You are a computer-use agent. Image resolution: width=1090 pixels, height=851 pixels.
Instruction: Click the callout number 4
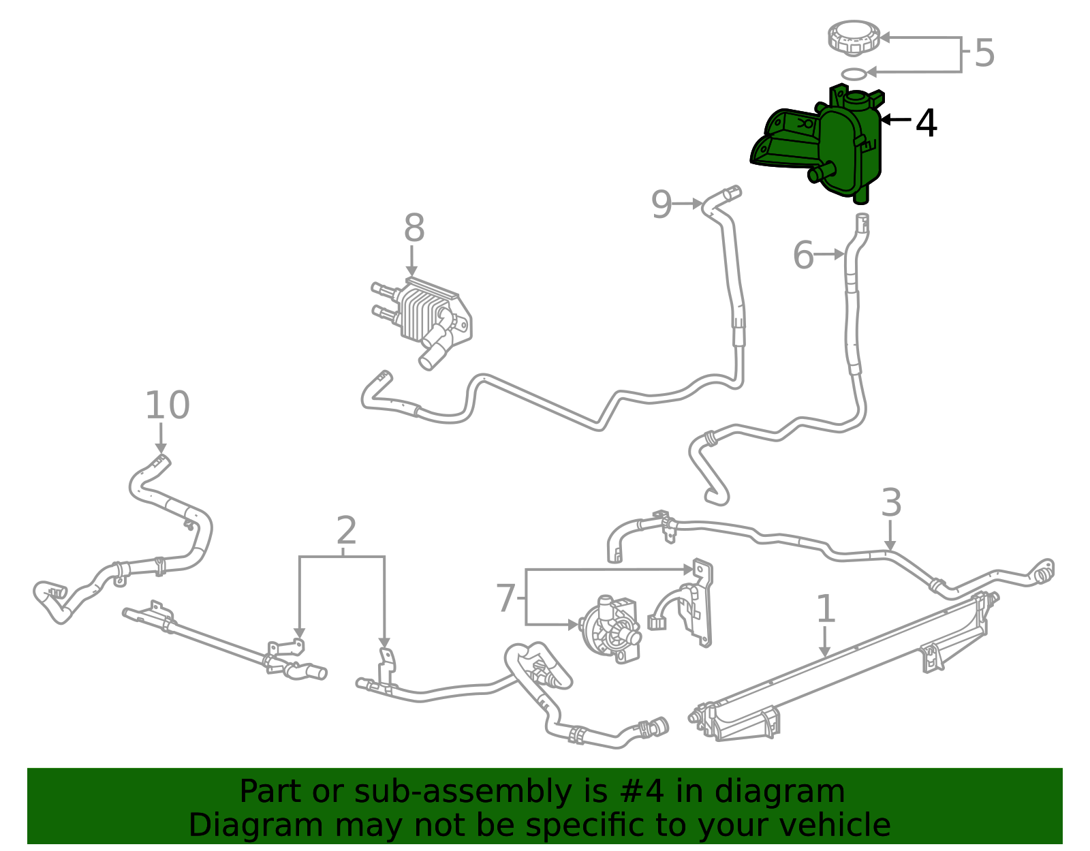pos(926,123)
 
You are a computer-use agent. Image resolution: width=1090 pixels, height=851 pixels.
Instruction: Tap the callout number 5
pos(984,53)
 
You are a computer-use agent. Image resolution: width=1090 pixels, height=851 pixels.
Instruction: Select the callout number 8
pos(414,228)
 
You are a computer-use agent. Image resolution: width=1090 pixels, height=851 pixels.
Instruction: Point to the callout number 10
pos(167,405)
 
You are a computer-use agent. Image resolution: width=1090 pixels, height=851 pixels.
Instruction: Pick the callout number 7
pos(505,598)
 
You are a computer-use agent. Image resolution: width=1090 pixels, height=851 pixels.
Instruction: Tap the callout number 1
pos(826,608)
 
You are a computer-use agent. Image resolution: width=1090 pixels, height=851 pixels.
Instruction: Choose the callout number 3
pos(891,503)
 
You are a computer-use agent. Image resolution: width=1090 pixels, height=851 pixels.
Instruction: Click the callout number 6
pos(803,256)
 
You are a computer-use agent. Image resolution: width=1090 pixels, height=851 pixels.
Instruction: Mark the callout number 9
pos(661,204)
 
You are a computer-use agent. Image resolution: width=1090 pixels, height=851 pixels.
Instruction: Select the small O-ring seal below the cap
pos(854,73)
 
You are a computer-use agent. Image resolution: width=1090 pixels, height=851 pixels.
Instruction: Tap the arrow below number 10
pos(161,438)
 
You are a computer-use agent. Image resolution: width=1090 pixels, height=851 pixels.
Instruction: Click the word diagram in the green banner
pos(780,792)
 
